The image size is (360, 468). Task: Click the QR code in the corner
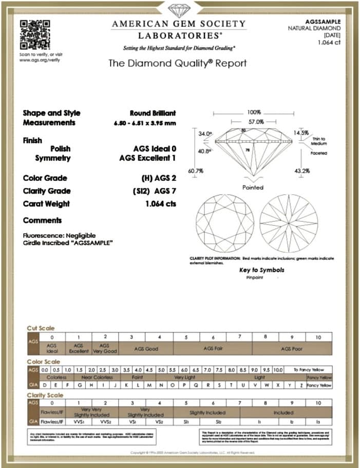35,34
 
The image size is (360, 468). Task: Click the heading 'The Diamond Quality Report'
178,64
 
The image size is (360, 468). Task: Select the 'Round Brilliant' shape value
153,113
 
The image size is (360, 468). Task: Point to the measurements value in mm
145,123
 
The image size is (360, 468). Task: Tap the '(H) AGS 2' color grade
158,178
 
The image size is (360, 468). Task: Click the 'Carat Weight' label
46,204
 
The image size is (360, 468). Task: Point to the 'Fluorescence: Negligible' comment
54,236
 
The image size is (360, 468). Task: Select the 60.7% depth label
195,170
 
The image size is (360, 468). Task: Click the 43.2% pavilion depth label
301,170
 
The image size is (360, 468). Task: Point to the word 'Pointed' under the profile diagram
253,187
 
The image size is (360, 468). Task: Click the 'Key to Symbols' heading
261,270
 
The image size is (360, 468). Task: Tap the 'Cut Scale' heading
41,328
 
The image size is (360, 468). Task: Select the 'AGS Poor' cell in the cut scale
292,348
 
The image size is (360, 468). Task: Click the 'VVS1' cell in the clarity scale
79,421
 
